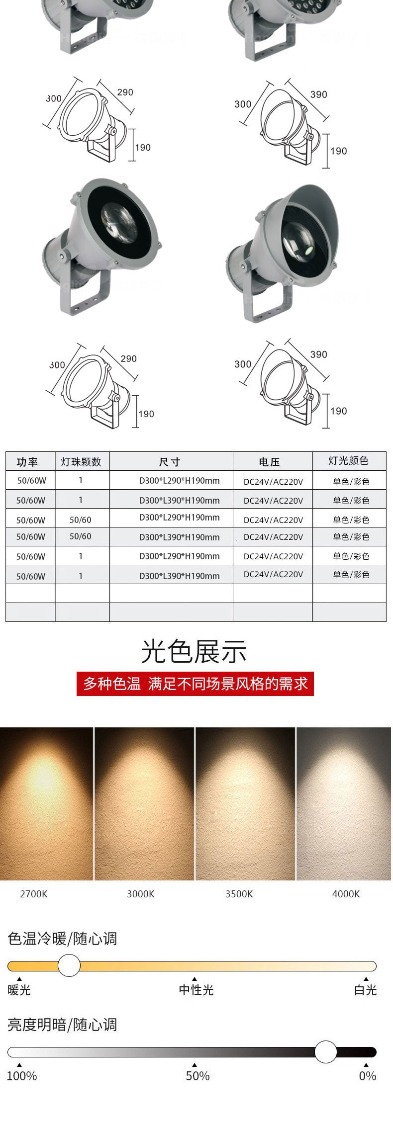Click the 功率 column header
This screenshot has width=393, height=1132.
(27, 462)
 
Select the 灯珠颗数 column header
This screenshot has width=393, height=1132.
(81, 462)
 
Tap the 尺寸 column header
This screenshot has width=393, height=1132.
(170, 462)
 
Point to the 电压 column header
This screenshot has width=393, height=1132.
(269, 462)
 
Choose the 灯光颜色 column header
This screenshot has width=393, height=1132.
(348, 461)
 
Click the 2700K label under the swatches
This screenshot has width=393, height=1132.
(34, 894)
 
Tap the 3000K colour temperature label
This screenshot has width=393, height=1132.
(141, 894)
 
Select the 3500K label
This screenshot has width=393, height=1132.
(239, 894)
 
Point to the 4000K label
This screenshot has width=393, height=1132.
(346, 894)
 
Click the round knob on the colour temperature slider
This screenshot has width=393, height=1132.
(69, 965)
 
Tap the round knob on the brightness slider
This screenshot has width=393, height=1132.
(326, 1052)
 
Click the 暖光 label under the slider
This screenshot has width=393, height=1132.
(19, 990)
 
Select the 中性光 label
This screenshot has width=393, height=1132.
(196, 990)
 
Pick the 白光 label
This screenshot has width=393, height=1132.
(366, 990)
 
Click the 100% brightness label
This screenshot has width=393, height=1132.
(22, 1076)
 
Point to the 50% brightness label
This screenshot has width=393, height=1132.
(197, 1076)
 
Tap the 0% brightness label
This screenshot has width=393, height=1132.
(368, 1076)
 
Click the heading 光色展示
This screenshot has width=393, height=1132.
(194, 651)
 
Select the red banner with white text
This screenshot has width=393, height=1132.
(195, 684)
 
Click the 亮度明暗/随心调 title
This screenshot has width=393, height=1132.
(62, 1025)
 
